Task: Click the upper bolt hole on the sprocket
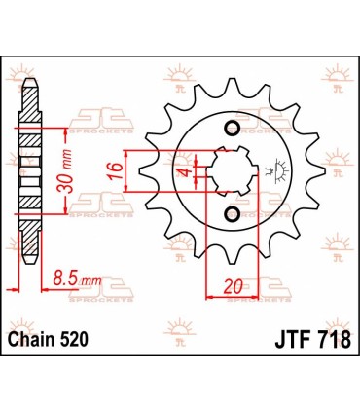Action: [232, 131]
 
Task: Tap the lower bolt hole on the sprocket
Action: [232, 213]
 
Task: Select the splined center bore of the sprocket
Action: [232, 171]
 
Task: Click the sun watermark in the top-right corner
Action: [342, 96]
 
